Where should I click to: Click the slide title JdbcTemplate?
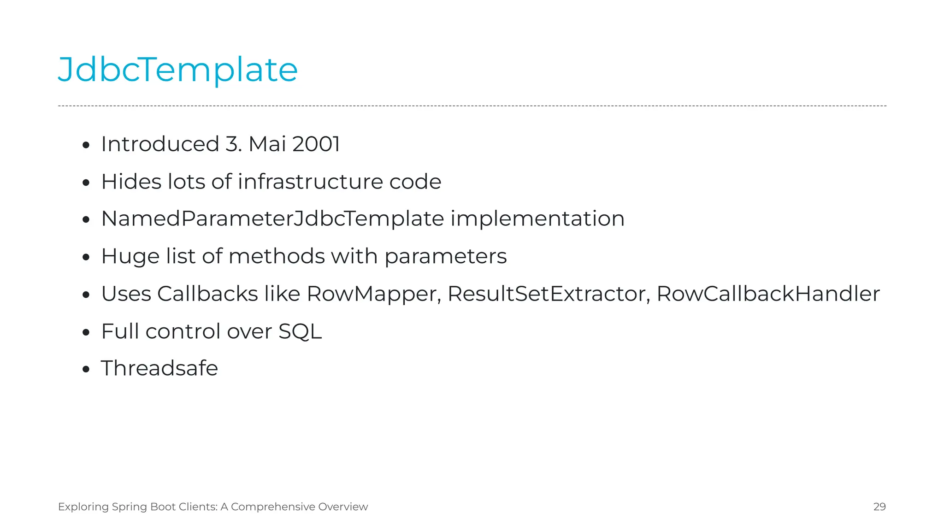(x=178, y=70)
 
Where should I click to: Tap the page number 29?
(x=879, y=507)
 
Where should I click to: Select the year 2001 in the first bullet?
(x=316, y=144)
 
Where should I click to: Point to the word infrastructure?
(x=310, y=182)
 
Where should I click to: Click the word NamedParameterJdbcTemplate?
(x=272, y=219)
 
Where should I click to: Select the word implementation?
(x=537, y=219)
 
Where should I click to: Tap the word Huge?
(x=124, y=256)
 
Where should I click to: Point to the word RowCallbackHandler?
(x=768, y=294)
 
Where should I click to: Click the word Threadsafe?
(x=159, y=368)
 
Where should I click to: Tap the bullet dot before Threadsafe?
(x=86, y=369)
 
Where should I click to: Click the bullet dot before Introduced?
(x=86, y=146)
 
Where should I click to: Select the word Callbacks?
(x=207, y=294)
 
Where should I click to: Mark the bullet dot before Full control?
(x=86, y=332)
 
